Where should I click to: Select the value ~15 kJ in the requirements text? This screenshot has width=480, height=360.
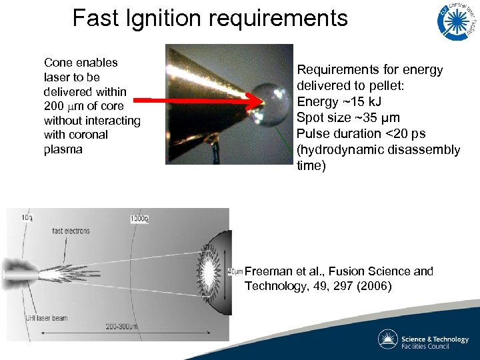coord(372,102)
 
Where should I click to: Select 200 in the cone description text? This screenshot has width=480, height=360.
coord(55,106)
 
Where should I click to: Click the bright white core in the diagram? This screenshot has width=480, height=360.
coord(207,272)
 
